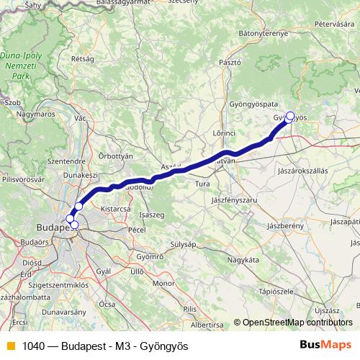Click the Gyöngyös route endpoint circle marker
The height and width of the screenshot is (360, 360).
[x=290, y=115]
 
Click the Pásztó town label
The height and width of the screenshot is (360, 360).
[x=229, y=63]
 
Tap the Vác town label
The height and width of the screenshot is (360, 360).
[x=81, y=117]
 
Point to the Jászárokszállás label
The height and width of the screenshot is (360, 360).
[x=302, y=171]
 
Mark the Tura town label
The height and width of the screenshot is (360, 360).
[x=202, y=184]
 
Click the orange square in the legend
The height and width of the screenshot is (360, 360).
[x=9, y=346]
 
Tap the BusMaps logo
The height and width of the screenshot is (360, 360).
[x=326, y=345]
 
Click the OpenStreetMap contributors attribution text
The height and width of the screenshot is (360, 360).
[x=292, y=323]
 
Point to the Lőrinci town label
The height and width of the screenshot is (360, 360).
[x=224, y=134]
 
